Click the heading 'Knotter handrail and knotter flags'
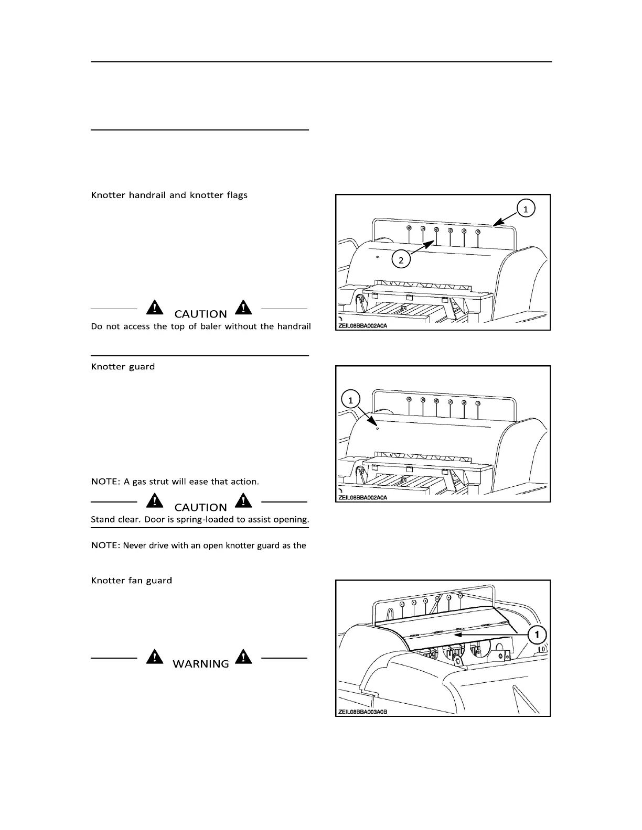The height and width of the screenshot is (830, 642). point(169,195)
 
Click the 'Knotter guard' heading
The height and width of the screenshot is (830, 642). point(123,366)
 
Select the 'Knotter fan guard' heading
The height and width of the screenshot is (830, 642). point(131,580)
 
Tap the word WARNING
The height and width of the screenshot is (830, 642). point(200,663)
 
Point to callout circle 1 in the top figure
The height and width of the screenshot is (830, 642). point(526,209)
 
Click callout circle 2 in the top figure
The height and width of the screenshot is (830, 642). point(401,259)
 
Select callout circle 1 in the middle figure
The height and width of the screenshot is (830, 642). point(351,399)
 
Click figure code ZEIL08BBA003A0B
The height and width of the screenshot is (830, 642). point(363,712)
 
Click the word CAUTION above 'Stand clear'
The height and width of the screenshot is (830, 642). point(200,507)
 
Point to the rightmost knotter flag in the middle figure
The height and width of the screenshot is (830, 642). point(477,403)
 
